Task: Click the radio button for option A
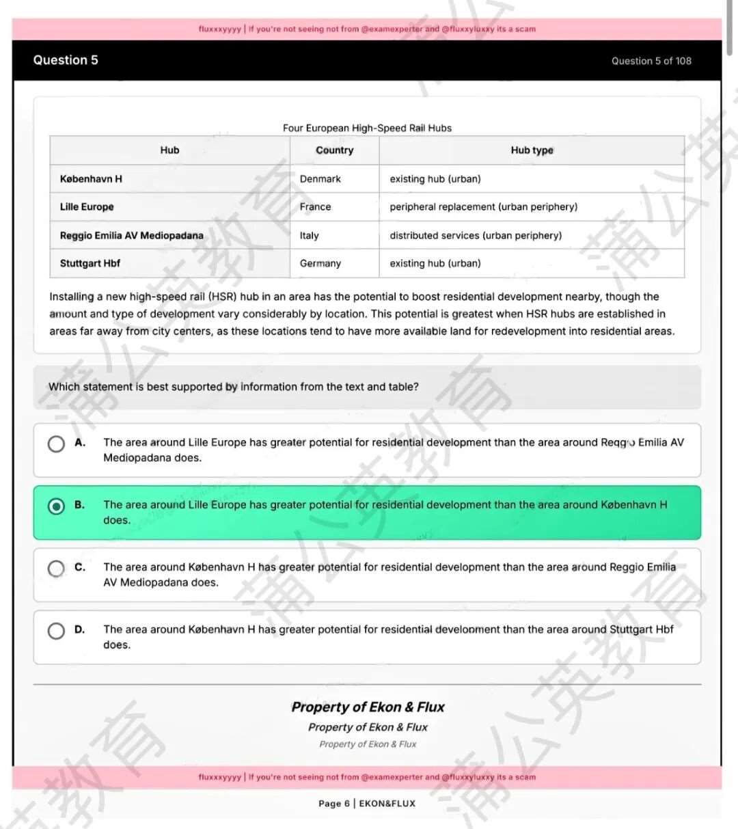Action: click(x=56, y=444)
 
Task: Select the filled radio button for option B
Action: click(x=56, y=506)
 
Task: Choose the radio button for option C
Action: click(x=56, y=568)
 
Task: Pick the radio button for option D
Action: click(x=56, y=630)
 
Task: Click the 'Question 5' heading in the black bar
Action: click(x=66, y=60)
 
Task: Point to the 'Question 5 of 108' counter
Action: click(x=651, y=61)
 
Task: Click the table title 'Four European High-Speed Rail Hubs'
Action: click(x=367, y=128)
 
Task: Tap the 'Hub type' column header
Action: click(x=532, y=150)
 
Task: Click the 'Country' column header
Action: click(x=334, y=150)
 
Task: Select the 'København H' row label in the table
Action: click(x=91, y=179)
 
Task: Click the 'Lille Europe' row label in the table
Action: click(x=87, y=207)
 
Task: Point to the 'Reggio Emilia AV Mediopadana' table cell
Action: click(x=131, y=236)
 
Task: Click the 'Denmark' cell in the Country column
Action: click(x=320, y=179)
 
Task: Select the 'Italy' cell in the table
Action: click(x=309, y=236)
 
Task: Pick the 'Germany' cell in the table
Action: click(x=320, y=264)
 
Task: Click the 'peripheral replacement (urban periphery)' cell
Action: click(x=483, y=207)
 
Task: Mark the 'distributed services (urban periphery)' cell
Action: click(x=476, y=236)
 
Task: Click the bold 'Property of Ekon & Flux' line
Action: click(x=368, y=707)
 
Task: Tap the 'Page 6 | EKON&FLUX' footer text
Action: click(x=367, y=804)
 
